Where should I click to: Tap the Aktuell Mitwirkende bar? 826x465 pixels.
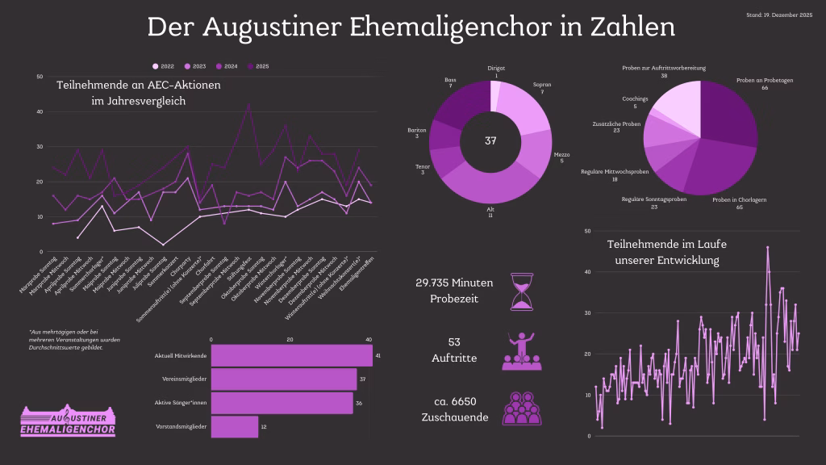[x=291, y=355]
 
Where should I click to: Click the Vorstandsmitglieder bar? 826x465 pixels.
[x=234, y=425]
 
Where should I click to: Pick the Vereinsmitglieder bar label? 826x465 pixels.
[x=185, y=379]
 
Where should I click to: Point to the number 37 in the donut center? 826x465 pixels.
[x=490, y=141]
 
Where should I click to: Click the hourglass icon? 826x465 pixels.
[x=521, y=291]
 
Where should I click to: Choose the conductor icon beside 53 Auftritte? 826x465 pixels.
[x=521, y=350]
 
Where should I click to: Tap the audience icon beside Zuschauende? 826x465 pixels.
[x=521, y=408]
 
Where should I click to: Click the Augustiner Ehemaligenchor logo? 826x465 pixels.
[x=68, y=421]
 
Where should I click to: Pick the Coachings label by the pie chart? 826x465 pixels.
[x=635, y=102]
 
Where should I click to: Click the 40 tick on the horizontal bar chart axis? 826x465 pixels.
[x=369, y=339]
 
